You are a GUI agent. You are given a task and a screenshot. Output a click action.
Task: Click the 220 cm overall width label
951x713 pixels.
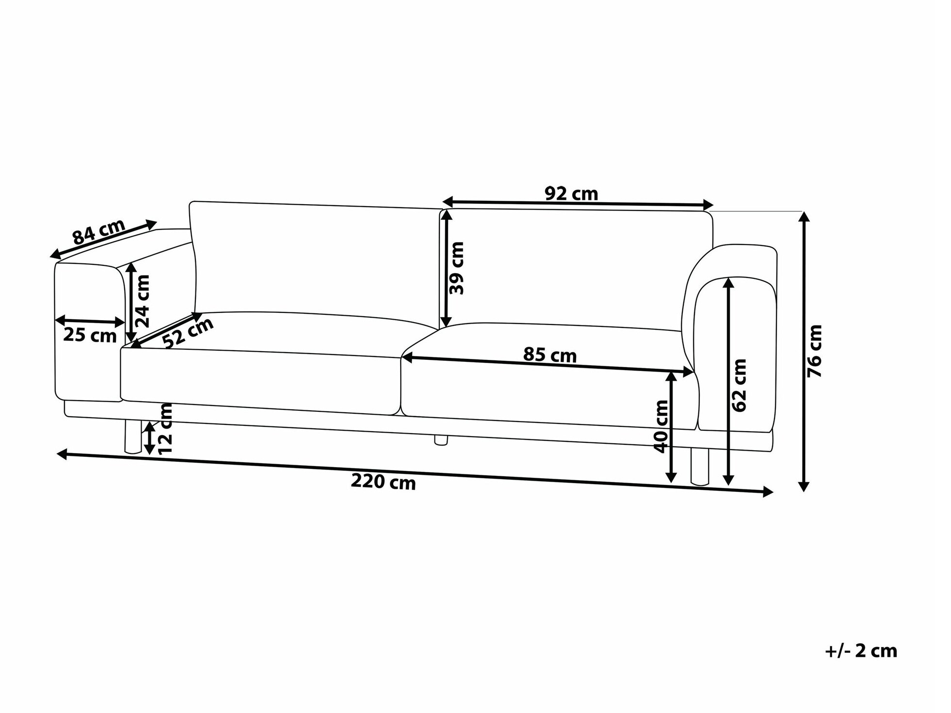point(383,482)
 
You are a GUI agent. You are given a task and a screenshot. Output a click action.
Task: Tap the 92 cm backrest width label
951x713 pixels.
point(571,194)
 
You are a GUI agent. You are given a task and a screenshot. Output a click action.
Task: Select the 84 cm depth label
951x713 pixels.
point(99,232)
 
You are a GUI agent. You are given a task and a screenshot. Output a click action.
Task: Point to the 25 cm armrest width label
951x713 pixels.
point(90,335)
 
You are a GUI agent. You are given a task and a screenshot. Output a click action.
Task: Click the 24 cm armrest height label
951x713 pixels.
point(143,301)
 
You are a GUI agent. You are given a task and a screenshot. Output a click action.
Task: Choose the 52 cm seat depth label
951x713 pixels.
point(188,333)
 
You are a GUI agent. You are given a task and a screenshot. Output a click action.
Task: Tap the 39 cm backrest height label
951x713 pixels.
point(456,268)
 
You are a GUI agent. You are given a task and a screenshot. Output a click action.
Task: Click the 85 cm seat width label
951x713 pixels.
point(549,355)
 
